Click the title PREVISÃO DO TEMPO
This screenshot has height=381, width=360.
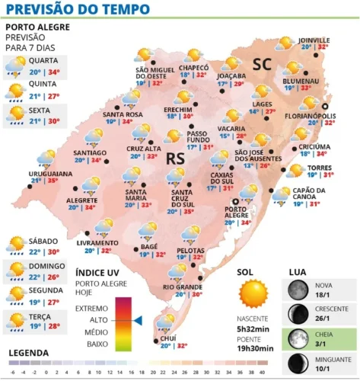tap(72, 10)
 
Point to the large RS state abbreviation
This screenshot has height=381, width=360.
tap(176, 158)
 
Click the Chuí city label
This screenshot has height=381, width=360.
tap(168, 338)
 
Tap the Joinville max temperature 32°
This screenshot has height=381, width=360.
tap(323, 46)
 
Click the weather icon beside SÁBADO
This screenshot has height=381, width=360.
tap(16, 245)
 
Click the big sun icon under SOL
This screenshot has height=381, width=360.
tap(254, 293)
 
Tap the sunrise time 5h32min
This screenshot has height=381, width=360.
tap(253, 328)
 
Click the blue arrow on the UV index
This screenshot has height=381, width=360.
tap(138, 320)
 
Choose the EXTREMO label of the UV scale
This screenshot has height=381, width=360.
tap(92, 307)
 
